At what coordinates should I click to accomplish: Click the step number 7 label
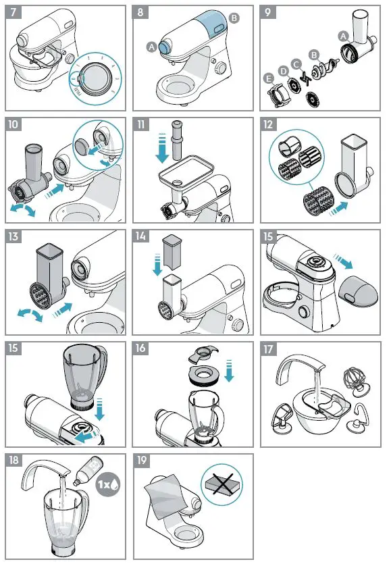(14, 14)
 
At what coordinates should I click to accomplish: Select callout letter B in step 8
(234, 19)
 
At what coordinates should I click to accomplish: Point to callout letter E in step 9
(270, 79)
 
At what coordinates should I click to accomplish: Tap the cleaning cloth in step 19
(165, 496)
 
